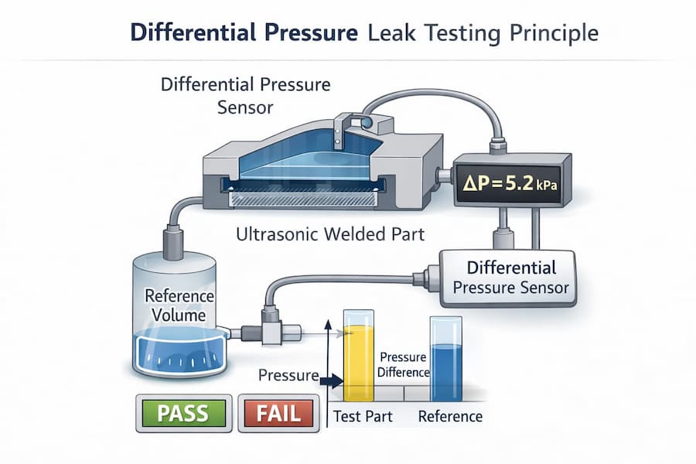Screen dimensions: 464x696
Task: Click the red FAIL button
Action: (x=278, y=413)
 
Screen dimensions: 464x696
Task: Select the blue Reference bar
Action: (x=445, y=361)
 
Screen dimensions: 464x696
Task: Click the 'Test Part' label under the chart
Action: (x=363, y=417)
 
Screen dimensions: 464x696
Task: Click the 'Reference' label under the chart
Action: (x=450, y=417)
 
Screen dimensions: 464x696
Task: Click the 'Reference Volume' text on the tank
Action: (x=179, y=305)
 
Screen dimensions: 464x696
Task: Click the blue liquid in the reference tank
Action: (x=179, y=351)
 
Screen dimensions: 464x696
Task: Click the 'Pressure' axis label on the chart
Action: (x=288, y=376)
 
